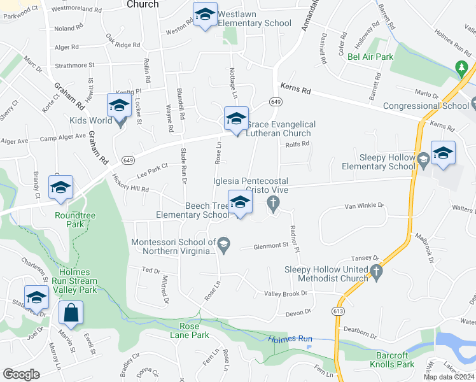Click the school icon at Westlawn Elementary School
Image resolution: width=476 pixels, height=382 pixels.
click(x=205, y=15)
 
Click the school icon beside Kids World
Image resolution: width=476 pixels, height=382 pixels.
click(x=119, y=106)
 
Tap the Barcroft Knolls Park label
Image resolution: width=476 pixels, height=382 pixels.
click(x=392, y=360)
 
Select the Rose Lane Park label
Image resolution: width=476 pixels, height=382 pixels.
click(x=190, y=330)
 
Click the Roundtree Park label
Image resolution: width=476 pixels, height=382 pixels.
click(x=75, y=220)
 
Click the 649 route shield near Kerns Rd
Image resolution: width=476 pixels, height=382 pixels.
click(x=276, y=102)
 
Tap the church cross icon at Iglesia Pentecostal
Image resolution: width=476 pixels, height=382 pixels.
click(x=274, y=204)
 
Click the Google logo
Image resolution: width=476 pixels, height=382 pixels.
click(x=21, y=374)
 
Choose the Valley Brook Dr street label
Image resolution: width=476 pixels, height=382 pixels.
click(x=286, y=294)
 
